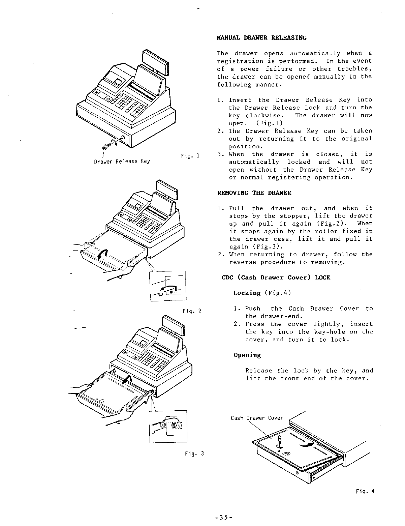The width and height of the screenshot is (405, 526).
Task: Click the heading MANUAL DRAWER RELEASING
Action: [262, 38]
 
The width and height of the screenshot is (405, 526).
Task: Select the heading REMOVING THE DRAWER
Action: [254, 193]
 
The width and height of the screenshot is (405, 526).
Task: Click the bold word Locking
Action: [247, 293]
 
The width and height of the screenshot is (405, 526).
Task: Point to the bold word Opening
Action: [247, 355]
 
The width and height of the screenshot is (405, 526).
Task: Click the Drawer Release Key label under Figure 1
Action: [122, 161]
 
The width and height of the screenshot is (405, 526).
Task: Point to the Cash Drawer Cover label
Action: [257, 418]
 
